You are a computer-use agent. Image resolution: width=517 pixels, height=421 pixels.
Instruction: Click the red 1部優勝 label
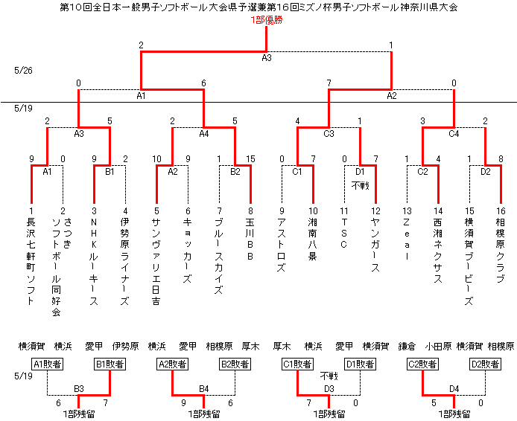point(267,20)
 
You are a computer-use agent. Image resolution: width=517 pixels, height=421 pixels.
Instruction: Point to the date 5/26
point(23,71)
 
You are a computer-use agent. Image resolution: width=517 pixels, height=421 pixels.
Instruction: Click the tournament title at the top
point(258,7)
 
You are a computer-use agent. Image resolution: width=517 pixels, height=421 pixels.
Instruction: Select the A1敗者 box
point(48,364)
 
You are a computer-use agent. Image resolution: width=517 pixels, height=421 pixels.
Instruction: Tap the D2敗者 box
point(486,364)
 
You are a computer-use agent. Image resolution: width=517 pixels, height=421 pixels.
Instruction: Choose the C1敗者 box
point(297,364)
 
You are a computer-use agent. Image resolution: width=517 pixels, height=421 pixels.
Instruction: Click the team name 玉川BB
point(250,239)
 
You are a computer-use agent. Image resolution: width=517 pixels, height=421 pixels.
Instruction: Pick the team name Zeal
point(407,239)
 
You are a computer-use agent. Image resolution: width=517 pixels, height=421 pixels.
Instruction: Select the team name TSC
point(344,234)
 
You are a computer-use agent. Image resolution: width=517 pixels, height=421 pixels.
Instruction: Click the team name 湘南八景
point(313,239)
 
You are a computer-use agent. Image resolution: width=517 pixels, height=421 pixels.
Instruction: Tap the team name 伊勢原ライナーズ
point(125,261)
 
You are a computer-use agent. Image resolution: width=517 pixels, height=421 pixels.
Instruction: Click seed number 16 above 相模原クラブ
point(501,210)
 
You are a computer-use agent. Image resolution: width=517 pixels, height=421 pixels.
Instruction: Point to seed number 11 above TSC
point(344,210)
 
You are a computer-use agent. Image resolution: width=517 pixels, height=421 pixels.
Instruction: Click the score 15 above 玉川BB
point(250,159)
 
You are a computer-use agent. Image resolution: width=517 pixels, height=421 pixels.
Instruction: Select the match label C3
point(329,134)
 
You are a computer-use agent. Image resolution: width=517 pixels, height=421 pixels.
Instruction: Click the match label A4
point(204,134)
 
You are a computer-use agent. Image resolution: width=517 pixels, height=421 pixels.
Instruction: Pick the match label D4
point(454,389)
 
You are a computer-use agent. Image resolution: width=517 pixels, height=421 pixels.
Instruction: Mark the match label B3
point(79,389)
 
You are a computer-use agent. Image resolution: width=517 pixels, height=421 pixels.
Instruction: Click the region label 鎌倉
point(407,347)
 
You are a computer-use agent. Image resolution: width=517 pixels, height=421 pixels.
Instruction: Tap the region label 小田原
point(438,347)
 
